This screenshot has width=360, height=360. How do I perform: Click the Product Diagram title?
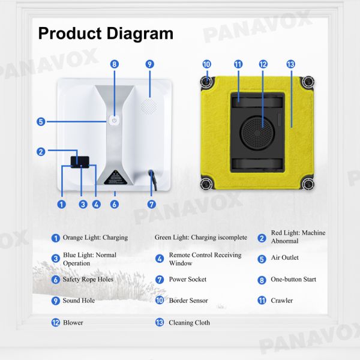click(106, 33)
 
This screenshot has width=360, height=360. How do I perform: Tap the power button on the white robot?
click(114, 120)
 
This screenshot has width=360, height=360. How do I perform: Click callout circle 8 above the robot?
click(114, 64)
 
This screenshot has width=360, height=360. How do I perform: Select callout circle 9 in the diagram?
click(150, 64)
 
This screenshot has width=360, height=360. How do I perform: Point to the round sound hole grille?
click(149, 106)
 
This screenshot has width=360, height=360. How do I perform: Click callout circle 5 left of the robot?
click(41, 121)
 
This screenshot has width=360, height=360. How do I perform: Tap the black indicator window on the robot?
click(80, 161)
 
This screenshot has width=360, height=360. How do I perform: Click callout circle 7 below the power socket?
click(151, 204)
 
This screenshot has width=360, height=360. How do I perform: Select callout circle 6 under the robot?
click(115, 204)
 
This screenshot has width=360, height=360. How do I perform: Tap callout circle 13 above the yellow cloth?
click(291, 64)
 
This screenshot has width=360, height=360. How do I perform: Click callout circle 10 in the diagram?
click(206, 64)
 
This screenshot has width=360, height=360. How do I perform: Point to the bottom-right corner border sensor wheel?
click(308, 184)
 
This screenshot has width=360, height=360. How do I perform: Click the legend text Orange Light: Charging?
click(95, 238)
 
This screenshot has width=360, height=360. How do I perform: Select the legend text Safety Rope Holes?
click(88, 280)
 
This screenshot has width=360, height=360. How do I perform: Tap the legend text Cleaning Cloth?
click(190, 323)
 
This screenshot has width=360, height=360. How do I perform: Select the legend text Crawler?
click(281, 301)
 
